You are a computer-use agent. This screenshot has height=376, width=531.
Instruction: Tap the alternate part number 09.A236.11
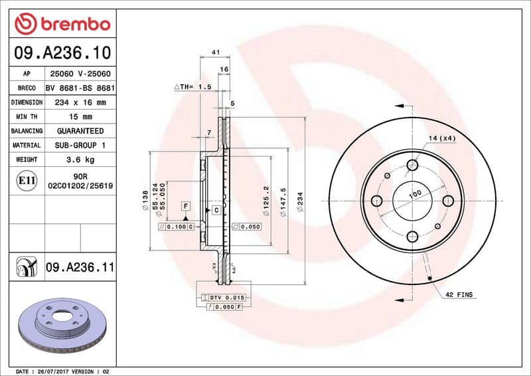(80, 268)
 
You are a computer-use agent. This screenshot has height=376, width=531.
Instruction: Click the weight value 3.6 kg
(81, 159)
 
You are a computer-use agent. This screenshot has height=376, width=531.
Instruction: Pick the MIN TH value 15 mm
(81, 117)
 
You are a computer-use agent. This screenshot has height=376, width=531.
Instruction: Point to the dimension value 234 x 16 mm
(81, 102)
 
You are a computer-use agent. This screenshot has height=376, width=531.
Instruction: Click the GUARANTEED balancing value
(81, 131)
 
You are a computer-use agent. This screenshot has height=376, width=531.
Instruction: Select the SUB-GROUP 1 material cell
(81, 145)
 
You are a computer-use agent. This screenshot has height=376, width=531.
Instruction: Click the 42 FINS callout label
(459, 294)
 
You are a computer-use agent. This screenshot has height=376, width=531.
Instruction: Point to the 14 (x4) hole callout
(441, 138)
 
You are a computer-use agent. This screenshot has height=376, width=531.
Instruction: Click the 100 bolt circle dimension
(415, 194)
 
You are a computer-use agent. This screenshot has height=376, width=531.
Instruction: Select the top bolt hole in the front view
(412, 165)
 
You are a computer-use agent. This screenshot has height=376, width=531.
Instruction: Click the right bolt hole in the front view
(447, 201)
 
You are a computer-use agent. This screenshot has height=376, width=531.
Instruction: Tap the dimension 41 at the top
(215, 52)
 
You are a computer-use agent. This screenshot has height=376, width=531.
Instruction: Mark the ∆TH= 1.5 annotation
(192, 87)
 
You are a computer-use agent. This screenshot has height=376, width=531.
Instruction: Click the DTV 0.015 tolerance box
(226, 297)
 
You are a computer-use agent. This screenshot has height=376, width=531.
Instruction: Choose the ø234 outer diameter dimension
(300, 201)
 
